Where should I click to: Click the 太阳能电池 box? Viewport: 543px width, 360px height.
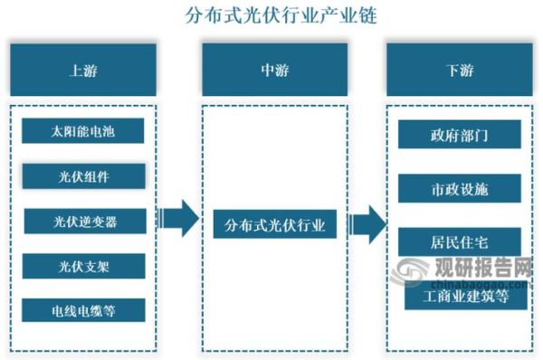tap(84, 131)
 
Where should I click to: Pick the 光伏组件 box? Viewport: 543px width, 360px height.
tap(84, 175)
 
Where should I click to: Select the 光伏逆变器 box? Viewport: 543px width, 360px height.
tap(84, 221)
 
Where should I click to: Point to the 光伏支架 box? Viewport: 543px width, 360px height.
tap(84, 265)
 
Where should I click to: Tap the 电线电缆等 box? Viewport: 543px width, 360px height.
tap(84, 309)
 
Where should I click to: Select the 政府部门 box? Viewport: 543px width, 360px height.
tap(459, 137)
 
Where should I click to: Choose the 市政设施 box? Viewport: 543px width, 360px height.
tap(459, 189)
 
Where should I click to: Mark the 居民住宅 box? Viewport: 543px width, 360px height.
tap(459, 241)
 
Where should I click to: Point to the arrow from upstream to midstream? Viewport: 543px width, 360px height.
tap(178, 218)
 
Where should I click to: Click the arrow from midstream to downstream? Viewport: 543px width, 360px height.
tap(368, 222)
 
